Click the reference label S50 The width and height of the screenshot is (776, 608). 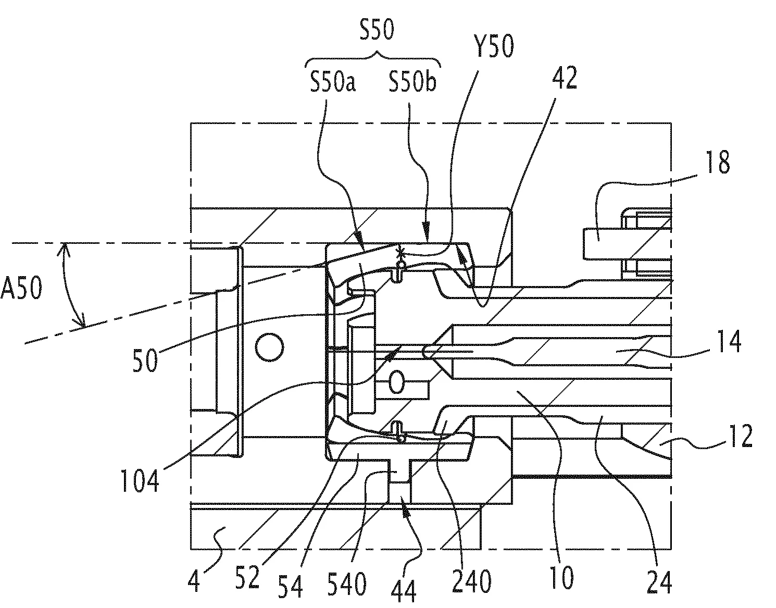[x=377, y=31]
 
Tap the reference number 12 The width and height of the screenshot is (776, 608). [x=740, y=437]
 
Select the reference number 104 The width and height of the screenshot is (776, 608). [x=140, y=480]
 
